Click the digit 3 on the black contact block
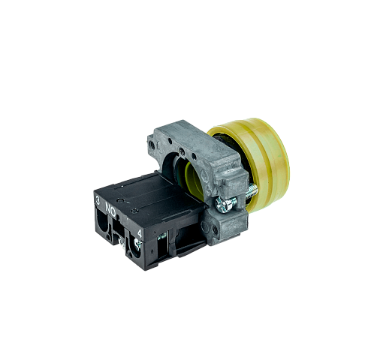[x=98, y=200]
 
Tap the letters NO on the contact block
[x=110, y=209]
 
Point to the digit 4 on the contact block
[x=140, y=233]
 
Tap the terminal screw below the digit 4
[x=137, y=244]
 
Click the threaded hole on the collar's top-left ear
[x=152, y=145]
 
